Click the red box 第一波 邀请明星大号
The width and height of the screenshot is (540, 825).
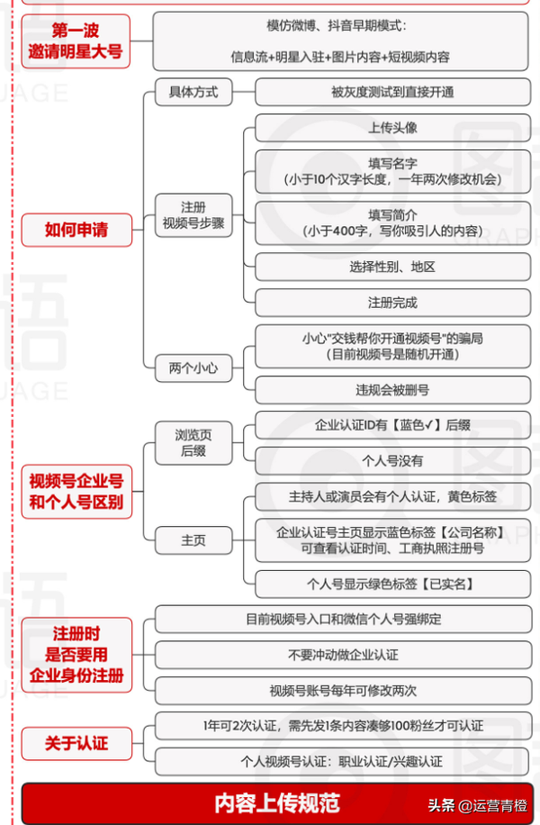coord(76,41)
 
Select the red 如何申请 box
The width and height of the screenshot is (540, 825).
coord(76,230)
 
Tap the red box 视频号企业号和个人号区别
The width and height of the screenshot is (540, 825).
coord(76,492)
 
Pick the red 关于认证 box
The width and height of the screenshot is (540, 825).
coord(76,743)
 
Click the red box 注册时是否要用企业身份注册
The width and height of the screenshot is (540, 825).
coord(76,655)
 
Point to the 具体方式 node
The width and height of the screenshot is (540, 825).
coord(193,92)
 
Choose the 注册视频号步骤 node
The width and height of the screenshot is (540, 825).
coord(193,215)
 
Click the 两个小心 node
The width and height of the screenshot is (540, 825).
coord(193,367)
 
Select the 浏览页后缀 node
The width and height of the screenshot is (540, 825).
coord(193,443)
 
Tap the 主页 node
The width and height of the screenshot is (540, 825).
coord(193,540)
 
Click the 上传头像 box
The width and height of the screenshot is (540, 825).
coord(392,128)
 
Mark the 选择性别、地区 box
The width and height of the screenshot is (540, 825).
coord(392,267)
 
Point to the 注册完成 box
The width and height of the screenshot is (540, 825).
coord(392,303)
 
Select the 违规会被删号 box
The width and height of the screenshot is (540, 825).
coord(392,390)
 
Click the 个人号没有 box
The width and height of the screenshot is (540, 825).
coord(392,461)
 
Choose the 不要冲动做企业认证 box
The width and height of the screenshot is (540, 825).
coord(343,655)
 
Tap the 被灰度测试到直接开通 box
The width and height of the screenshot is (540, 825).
coord(392,92)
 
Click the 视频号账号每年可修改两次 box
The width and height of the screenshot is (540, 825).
coord(343,691)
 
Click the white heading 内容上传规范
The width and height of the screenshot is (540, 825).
coord(277,803)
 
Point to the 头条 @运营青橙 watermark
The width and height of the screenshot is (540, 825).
coord(477,805)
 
